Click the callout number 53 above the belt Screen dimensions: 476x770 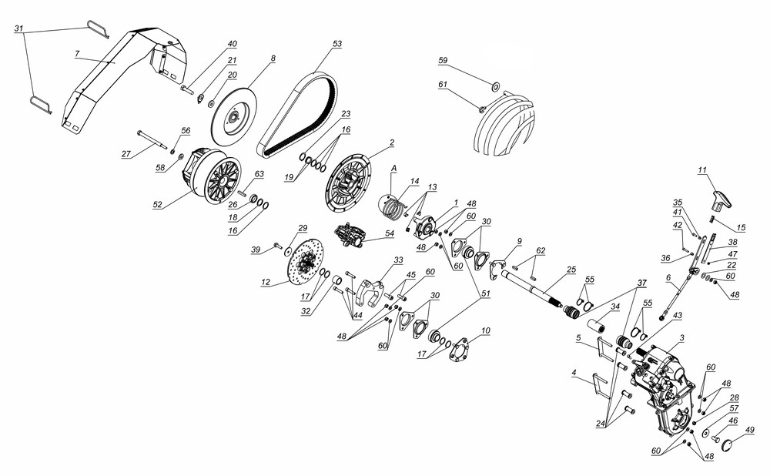tap(336, 45)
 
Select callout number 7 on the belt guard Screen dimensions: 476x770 tap(77, 54)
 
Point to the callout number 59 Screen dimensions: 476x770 tap(443, 59)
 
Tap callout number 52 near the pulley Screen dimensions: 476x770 tap(157, 205)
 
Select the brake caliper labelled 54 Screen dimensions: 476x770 tap(352, 236)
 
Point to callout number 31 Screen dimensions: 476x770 tap(20, 28)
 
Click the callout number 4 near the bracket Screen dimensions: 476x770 tap(574, 373)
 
